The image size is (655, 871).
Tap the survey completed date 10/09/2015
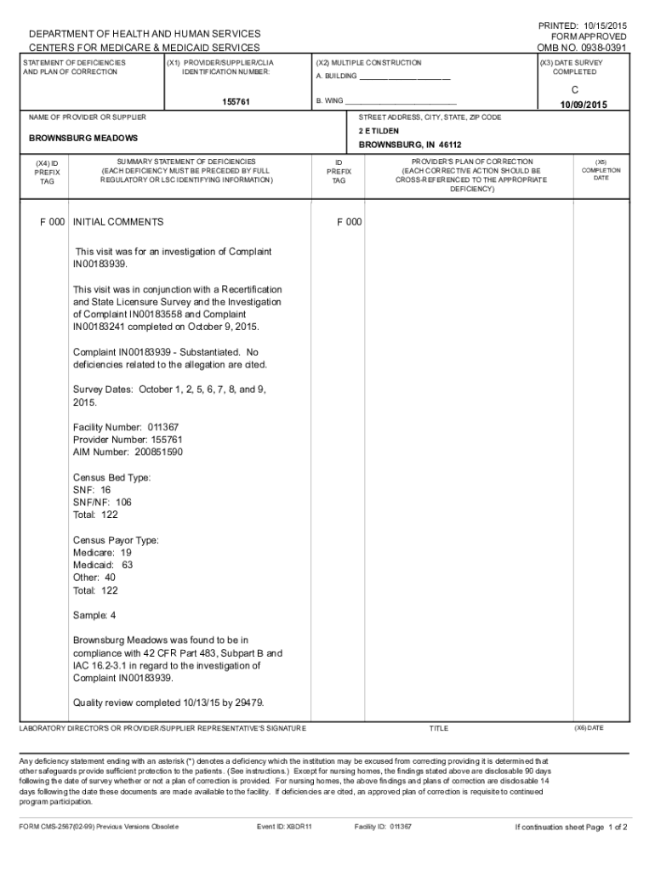[x=583, y=105]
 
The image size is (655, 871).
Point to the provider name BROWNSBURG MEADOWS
[x=83, y=138]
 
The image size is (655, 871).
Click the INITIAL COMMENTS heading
[x=118, y=222]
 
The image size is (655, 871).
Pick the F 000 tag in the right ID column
[x=349, y=222]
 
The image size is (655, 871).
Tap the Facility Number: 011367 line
[x=126, y=427]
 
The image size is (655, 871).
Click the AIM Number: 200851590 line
[x=128, y=452]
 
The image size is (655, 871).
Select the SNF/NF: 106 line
[x=102, y=502]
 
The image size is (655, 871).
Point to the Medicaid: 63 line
[x=103, y=565]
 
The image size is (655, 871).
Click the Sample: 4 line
[x=94, y=615]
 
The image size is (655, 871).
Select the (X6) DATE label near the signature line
[x=589, y=728]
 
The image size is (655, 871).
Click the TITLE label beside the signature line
[x=438, y=729]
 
